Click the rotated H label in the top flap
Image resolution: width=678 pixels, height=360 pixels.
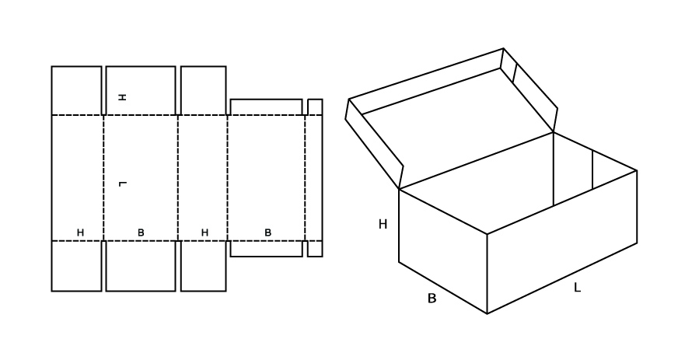[122, 97]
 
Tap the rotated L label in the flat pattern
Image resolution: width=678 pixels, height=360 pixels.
[122, 184]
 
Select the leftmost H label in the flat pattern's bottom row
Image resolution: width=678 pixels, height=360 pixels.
[80, 232]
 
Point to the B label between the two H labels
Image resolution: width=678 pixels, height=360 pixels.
[141, 232]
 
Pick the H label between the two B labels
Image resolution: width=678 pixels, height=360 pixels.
[204, 232]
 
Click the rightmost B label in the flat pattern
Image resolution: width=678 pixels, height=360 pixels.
[267, 232]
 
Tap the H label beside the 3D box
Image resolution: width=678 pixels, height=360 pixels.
[383, 224]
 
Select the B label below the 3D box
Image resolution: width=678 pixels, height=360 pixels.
[432, 299]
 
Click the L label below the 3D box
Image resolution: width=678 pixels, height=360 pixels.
[577, 288]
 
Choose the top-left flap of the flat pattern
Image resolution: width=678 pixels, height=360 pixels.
[76, 91]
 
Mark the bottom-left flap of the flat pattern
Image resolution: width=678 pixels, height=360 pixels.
[76, 266]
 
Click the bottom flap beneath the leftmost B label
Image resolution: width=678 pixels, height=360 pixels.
[141, 266]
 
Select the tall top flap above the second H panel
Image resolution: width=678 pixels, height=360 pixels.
[203, 91]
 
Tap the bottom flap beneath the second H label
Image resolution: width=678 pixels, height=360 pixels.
[203, 266]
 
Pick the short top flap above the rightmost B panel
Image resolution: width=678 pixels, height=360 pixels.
[267, 107]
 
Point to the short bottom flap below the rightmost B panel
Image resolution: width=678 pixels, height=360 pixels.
[267, 249]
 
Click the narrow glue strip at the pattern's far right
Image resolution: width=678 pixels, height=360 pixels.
[315, 177]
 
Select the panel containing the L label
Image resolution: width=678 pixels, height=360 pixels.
[141, 177]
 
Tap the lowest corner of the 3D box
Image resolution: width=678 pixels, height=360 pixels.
[488, 313]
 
